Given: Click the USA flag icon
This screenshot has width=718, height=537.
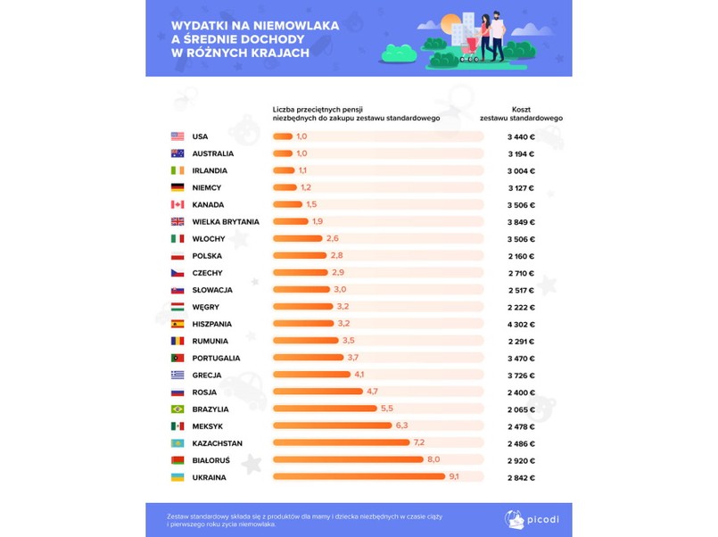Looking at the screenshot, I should click(177, 136).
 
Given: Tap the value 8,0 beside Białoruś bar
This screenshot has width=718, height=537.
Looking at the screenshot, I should click(433, 460).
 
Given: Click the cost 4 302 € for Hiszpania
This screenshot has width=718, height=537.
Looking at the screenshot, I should click(521, 324).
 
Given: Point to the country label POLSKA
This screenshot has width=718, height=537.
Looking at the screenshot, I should click(207, 256).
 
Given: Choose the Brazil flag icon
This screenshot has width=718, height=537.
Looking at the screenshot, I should click(177, 409).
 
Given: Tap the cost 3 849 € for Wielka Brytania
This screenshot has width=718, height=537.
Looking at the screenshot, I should click(521, 222).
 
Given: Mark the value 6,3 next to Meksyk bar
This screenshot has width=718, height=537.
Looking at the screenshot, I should click(401, 426).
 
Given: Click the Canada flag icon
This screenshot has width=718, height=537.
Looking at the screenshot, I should click(177, 205).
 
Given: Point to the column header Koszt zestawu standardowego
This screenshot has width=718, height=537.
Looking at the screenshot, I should click(521, 113).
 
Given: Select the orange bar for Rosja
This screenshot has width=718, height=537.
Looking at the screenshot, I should click(318, 392).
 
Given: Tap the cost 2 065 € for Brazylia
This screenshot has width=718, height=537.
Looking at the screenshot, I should click(521, 409).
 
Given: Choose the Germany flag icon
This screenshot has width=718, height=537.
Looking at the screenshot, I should click(177, 188).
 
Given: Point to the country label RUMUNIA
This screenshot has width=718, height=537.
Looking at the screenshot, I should click(210, 342).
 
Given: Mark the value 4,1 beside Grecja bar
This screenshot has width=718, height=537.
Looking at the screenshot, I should click(359, 376).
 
